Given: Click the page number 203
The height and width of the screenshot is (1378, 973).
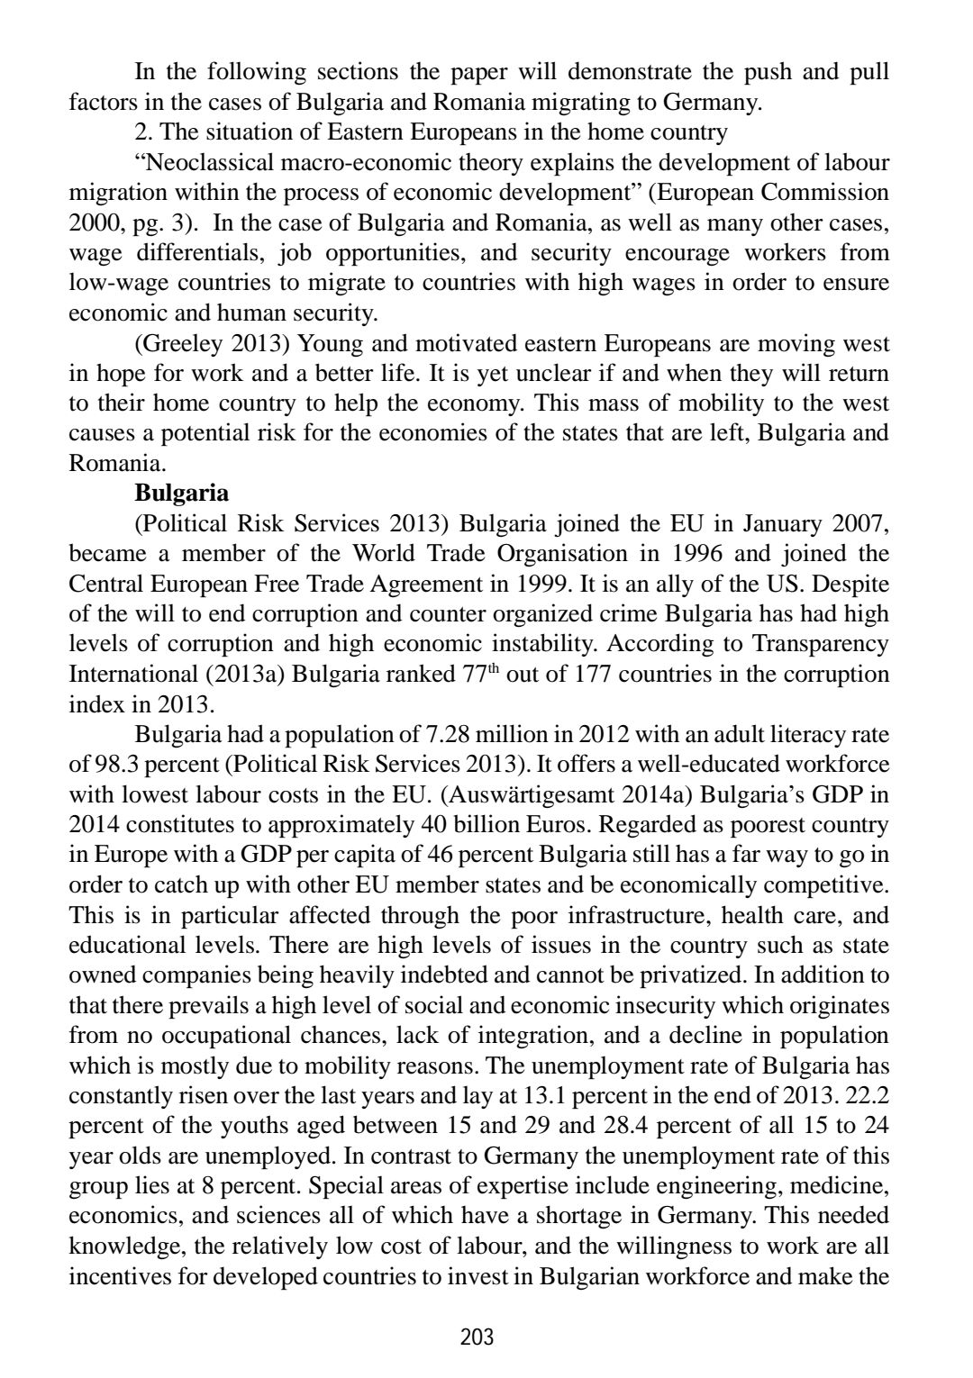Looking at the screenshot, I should pyautogui.click(x=477, y=1337).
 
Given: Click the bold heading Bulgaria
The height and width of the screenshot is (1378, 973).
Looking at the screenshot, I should pyautogui.click(x=181, y=494).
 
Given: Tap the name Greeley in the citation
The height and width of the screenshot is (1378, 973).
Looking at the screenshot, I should pyautogui.click(x=184, y=343).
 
